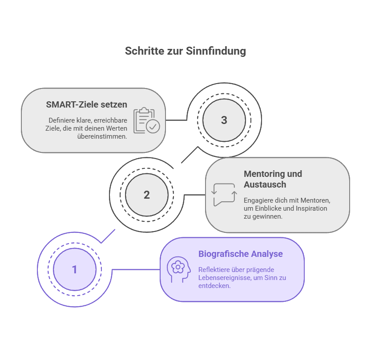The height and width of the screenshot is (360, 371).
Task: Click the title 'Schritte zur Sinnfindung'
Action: tap(185, 51)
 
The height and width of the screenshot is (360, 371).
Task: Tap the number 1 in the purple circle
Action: tap(74, 269)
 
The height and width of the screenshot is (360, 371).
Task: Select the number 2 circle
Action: tap(147, 195)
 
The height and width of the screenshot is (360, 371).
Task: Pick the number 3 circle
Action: tap(224, 120)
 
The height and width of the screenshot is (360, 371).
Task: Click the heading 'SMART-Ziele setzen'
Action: tap(86, 105)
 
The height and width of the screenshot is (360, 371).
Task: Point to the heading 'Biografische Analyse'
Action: tap(240, 254)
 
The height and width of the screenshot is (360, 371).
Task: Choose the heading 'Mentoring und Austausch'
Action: tap(273, 179)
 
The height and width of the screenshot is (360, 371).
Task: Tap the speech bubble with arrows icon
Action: tap(223, 195)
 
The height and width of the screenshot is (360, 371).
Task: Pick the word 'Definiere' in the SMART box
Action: tap(62, 120)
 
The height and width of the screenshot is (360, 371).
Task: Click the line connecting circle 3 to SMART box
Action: tap(176, 120)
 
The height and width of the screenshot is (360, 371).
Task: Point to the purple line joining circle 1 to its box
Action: tap(136, 269)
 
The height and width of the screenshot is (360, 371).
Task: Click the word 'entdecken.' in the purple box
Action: tap(214, 286)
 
